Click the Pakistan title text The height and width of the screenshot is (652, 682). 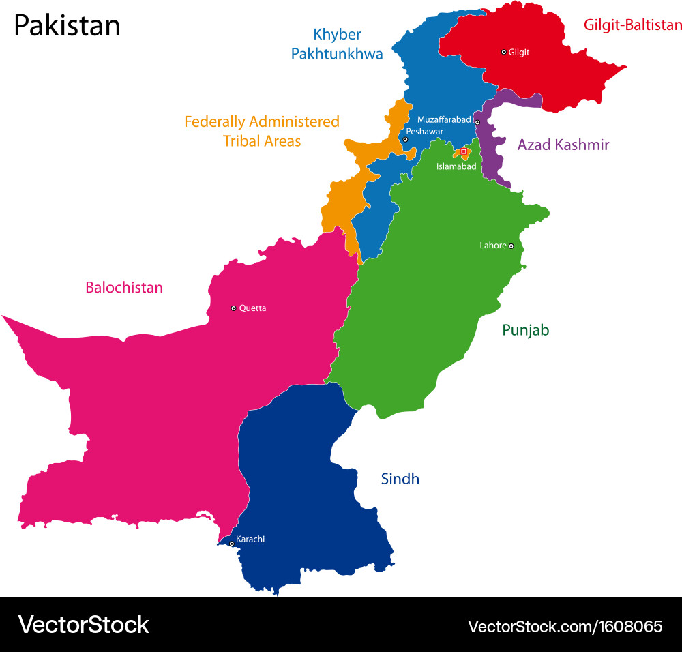(x=67, y=26)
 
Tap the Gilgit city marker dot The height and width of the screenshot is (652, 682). (x=504, y=52)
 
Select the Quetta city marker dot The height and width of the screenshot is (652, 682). (x=233, y=308)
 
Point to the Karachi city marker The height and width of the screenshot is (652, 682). (x=232, y=544)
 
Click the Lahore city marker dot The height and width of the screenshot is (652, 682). (x=511, y=246)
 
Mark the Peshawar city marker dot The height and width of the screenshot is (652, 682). (x=405, y=139)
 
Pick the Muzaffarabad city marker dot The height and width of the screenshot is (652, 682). (x=477, y=123)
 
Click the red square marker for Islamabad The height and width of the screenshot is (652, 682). (x=464, y=151)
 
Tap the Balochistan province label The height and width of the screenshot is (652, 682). (x=124, y=288)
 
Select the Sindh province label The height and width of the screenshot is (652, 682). (x=400, y=479)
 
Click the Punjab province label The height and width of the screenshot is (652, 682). (x=525, y=330)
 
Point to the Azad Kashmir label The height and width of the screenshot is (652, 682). (x=563, y=145)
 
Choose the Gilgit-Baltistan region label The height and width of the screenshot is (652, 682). (x=632, y=25)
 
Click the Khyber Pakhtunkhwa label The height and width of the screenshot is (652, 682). (x=337, y=44)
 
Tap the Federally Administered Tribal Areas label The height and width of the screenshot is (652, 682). (x=262, y=131)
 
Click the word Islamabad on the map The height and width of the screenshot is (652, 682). (x=456, y=166)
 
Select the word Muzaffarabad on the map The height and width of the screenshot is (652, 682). (x=444, y=119)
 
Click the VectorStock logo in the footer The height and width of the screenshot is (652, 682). (x=83, y=625)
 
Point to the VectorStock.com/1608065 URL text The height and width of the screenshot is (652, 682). (x=565, y=625)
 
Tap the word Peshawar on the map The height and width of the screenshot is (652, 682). (x=424, y=131)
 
